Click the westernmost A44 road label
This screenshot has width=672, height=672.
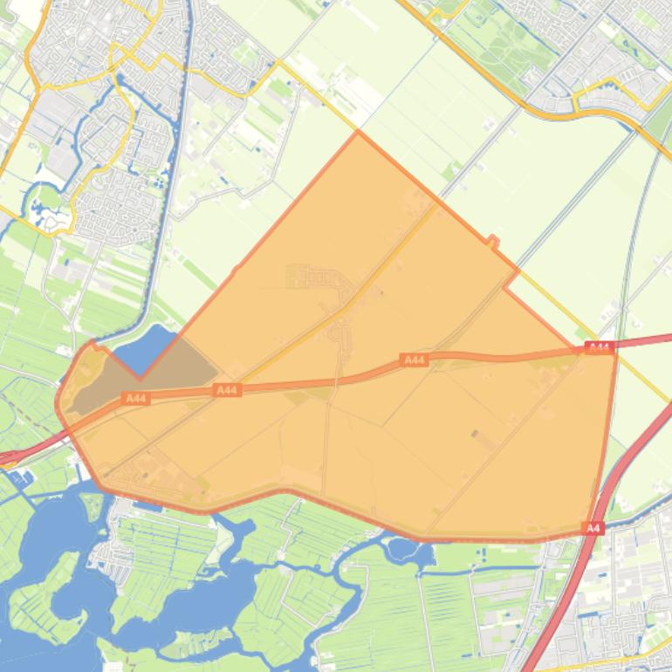click(x=135, y=399)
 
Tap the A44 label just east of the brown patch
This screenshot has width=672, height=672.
click(x=227, y=390)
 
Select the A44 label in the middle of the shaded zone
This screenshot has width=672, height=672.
click(x=414, y=360)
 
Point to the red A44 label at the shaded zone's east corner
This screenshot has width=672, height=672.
click(x=599, y=347)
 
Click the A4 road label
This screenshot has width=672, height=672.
click(x=593, y=528)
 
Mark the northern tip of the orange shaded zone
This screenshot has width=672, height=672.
click(x=358, y=133)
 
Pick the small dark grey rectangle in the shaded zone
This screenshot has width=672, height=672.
click(x=475, y=433)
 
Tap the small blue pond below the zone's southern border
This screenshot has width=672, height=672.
click(x=403, y=550)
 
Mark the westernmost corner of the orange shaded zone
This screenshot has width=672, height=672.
click(x=58, y=403)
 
